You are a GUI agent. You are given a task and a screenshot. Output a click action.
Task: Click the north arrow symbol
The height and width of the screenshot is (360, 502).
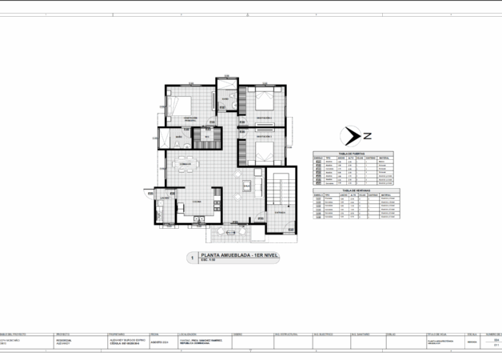(349, 134)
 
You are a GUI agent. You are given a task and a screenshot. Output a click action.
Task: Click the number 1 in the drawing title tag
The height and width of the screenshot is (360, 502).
(191, 258)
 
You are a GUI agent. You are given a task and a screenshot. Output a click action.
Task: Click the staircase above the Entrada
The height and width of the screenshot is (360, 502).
(279, 192)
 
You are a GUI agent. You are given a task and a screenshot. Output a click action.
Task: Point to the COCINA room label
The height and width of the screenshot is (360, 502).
(195, 202)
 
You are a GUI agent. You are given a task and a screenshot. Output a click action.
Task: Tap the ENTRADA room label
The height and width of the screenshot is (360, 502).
(279, 214)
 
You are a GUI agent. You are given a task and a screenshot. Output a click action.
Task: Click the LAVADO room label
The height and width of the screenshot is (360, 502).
(163, 198)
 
